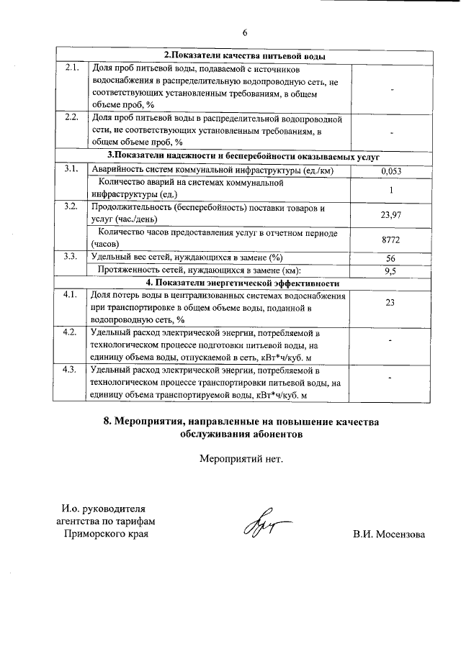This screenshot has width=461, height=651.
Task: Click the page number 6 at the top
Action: point(244,32)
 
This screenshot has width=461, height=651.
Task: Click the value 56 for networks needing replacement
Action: point(390,258)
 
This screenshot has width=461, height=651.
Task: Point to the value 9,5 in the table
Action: point(390,270)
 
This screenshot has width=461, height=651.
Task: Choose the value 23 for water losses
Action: point(390,302)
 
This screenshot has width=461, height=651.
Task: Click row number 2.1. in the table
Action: point(71,68)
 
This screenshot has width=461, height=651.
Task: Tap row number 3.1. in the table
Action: point(71,169)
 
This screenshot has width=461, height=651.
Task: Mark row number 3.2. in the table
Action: point(71,207)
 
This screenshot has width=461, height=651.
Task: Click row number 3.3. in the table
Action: point(71,257)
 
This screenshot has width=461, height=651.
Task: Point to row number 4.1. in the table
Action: point(71,295)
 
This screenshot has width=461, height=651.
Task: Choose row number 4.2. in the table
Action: point(71,332)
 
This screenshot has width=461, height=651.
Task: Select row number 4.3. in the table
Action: point(71,370)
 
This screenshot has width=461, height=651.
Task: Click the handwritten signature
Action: point(259,530)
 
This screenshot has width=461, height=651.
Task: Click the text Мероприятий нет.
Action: point(241,457)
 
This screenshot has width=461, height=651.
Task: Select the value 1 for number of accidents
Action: point(390,190)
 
